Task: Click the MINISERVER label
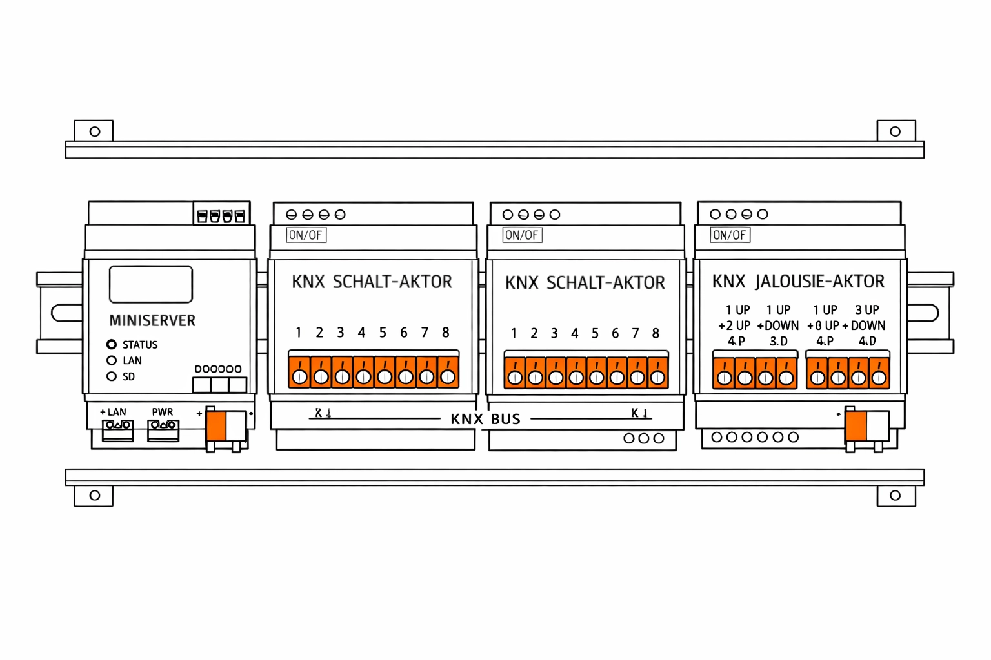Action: point(152,320)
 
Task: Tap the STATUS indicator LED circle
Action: point(112,345)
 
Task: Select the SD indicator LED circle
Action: point(112,376)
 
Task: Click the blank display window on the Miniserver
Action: point(151,284)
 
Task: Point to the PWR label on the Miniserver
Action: point(163,412)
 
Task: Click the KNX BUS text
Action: point(485,419)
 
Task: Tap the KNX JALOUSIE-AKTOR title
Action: point(798,282)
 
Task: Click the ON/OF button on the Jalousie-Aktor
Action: point(730,235)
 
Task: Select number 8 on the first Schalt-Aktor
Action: point(445,333)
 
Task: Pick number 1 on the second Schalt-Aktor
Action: point(514,334)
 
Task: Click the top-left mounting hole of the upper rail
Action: point(95,131)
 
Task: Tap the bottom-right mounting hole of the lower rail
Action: point(895,496)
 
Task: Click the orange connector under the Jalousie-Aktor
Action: point(856,426)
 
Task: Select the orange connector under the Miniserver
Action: point(216,426)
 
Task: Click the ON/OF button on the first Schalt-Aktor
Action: point(306,235)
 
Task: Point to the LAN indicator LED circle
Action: point(112,361)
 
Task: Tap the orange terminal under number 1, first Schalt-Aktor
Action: point(299,374)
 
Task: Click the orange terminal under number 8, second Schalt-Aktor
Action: point(657,374)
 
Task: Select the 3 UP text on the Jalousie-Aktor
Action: point(866,310)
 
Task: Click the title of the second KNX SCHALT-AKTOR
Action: point(585,283)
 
